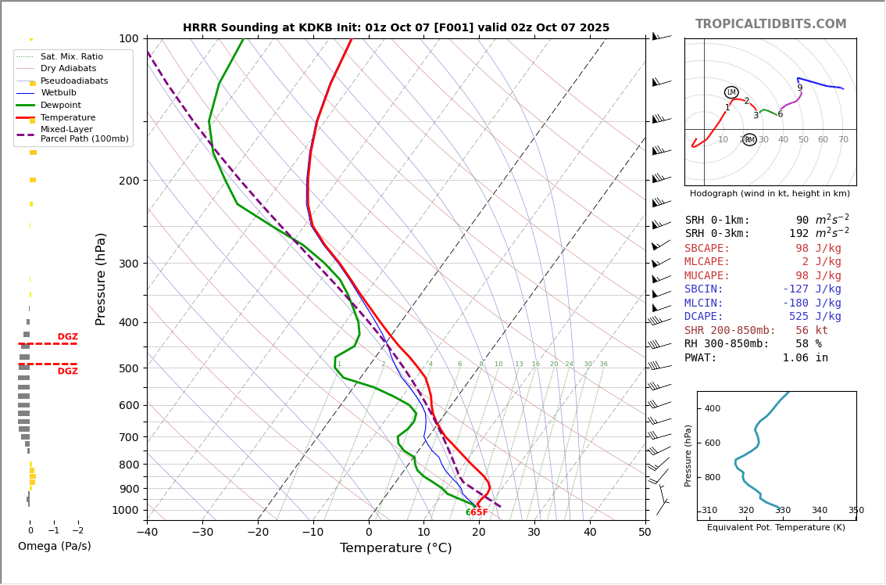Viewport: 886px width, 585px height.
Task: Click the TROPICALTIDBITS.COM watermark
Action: point(770,24)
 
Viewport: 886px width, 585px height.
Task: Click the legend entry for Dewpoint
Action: point(60,106)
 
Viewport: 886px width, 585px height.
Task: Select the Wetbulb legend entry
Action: point(59,93)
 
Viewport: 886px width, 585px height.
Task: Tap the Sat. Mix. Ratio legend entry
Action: point(71,57)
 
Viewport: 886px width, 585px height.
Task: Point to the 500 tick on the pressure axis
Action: point(128,368)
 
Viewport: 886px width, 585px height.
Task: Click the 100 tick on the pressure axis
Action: point(128,38)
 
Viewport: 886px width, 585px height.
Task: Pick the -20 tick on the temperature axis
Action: point(258,533)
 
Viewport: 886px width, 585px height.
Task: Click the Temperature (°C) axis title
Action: point(395,548)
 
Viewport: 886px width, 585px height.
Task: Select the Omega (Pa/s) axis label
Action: point(54,546)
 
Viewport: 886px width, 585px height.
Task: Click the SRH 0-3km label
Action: point(717,234)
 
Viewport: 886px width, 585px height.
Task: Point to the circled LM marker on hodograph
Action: point(731,92)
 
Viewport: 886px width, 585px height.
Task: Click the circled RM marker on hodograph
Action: point(749,140)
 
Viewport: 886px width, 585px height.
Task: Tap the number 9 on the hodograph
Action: point(799,88)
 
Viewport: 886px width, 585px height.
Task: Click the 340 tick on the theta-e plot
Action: point(819,511)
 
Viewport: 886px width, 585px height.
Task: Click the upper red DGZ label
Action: point(67,337)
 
